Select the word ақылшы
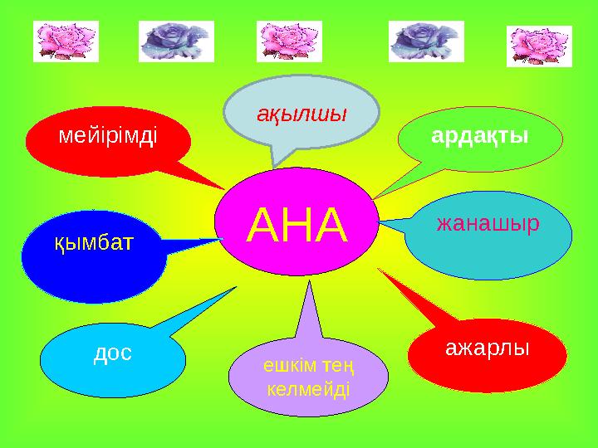(x=301, y=114)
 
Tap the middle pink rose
(x=289, y=41)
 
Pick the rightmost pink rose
(x=539, y=45)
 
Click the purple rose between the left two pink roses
(x=176, y=41)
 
